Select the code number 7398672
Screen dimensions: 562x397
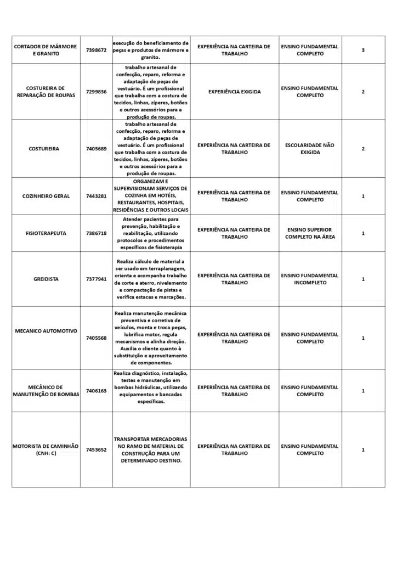(x=97, y=50)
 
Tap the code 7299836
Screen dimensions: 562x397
(x=97, y=92)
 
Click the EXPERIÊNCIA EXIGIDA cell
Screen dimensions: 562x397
(x=234, y=92)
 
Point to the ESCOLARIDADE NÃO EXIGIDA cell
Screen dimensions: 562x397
(x=310, y=149)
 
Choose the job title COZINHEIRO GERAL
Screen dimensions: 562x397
(x=46, y=196)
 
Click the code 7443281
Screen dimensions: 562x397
(x=97, y=196)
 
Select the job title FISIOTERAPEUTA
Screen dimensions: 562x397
(x=46, y=233)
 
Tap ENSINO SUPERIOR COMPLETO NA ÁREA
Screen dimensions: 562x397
(x=310, y=233)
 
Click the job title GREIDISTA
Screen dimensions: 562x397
(x=46, y=279)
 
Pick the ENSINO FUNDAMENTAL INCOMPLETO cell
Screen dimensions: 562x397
(x=310, y=279)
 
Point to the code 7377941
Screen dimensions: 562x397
(x=97, y=279)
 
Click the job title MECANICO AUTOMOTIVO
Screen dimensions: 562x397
(x=46, y=331)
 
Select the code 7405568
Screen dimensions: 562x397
(x=97, y=338)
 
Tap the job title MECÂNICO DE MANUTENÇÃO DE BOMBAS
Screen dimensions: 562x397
(x=46, y=391)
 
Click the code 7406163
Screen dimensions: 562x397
(x=97, y=391)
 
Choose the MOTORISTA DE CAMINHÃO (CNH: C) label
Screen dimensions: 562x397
(x=46, y=450)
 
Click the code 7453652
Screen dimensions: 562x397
(x=97, y=450)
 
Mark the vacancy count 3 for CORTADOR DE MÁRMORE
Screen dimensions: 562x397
(x=363, y=50)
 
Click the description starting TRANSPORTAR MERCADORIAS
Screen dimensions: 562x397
(x=151, y=450)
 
